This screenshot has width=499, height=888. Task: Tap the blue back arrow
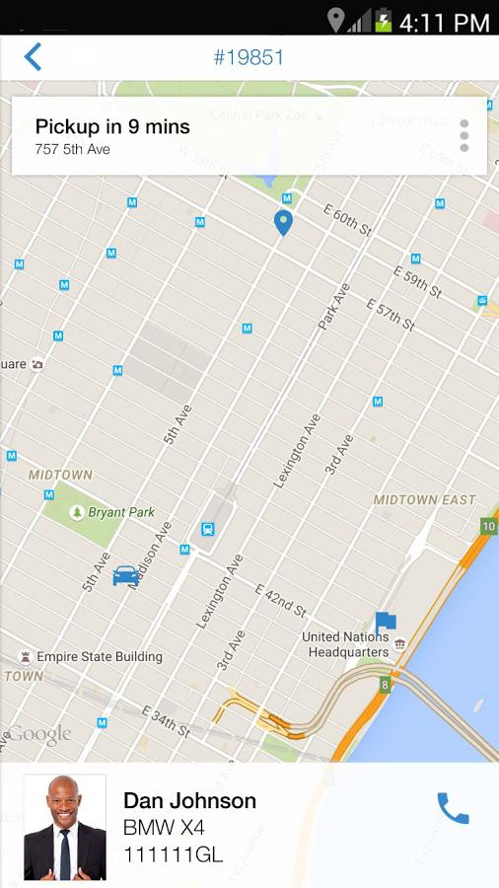tap(33, 57)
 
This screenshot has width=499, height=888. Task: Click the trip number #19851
tap(249, 57)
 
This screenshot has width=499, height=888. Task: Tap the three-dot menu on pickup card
tap(463, 136)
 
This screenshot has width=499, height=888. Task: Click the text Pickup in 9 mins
tap(112, 126)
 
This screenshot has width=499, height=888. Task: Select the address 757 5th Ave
tap(72, 150)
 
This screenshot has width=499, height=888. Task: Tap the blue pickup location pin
tap(283, 222)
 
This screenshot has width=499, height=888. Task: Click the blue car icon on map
tap(126, 575)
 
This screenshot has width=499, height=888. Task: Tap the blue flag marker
tap(385, 623)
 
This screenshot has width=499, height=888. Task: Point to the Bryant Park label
tap(121, 513)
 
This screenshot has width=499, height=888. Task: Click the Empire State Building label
tap(99, 657)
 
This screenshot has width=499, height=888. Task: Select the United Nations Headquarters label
tap(349, 644)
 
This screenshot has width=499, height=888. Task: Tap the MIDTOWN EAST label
tap(424, 500)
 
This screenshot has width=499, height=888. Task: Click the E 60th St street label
tap(347, 219)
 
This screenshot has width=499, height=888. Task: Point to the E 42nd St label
tap(282, 600)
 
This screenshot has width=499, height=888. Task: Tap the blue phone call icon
tap(453, 808)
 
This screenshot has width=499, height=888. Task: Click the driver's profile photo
tap(65, 827)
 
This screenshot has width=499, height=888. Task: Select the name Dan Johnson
tap(189, 801)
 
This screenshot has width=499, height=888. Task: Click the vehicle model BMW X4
tap(164, 828)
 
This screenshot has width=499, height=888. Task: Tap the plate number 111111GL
tap(173, 854)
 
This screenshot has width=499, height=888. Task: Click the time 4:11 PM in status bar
tap(444, 22)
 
